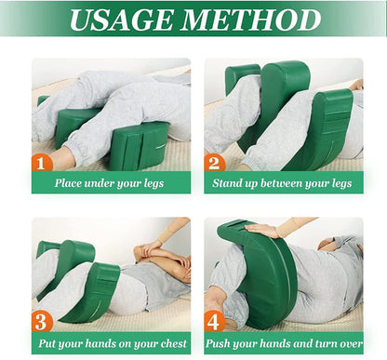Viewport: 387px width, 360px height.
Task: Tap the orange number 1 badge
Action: tap(41, 163)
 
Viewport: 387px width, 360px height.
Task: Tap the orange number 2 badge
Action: tap(214, 163)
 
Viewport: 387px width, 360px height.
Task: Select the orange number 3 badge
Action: tap(41, 322)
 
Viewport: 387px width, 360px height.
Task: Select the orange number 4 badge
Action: tap(214, 322)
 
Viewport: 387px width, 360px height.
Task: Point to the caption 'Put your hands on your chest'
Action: tap(113, 342)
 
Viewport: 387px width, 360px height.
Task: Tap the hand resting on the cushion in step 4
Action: tap(263, 230)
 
